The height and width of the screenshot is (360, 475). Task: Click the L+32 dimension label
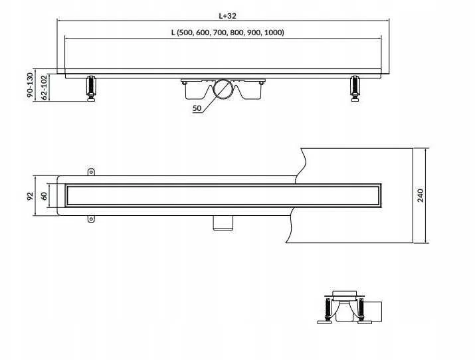pyautogui.click(x=227, y=16)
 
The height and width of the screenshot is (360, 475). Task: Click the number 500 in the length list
pyautogui.click(x=185, y=33)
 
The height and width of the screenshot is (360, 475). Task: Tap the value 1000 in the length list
pyautogui.click(x=273, y=33)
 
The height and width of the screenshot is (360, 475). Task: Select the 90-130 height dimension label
pyautogui.click(x=30, y=85)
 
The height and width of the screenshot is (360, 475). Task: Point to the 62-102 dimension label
pyautogui.click(x=45, y=88)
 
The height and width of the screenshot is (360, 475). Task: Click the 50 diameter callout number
pyautogui.click(x=197, y=108)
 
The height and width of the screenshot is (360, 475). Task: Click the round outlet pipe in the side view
pyautogui.click(x=223, y=89)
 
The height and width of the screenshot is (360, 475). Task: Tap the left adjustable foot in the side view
pyautogui.click(x=91, y=88)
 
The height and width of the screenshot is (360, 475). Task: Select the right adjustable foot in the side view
pyautogui.click(x=355, y=88)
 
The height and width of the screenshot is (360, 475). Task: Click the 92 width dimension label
pyautogui.click(x=30, y=196)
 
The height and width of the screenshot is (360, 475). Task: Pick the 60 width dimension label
pyautogui.click(x=45, y=196)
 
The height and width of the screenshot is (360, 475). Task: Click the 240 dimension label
pyautogui.click(x=421, y=195)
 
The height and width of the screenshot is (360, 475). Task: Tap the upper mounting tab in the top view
pyautogui.click(x=91, y=172)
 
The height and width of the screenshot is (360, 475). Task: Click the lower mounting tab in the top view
pyautogui.click(x=91, y=219)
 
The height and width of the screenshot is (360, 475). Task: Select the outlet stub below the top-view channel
pyautogui.click(x=223, y=223)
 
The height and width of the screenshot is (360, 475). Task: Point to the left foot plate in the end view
pyautogui.click(x=326, y=322)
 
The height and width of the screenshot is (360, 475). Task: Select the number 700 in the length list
pyautogui.click(x=221, y=33)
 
